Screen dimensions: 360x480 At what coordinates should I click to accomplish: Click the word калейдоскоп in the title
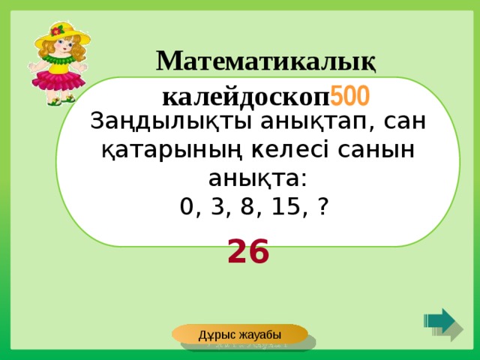246,95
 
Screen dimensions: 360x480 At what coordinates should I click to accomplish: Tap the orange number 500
349,95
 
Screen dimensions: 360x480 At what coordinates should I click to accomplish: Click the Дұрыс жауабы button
239,334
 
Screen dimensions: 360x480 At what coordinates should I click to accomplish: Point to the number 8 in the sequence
246,206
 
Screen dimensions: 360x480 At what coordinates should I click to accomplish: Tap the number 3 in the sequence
217,206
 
